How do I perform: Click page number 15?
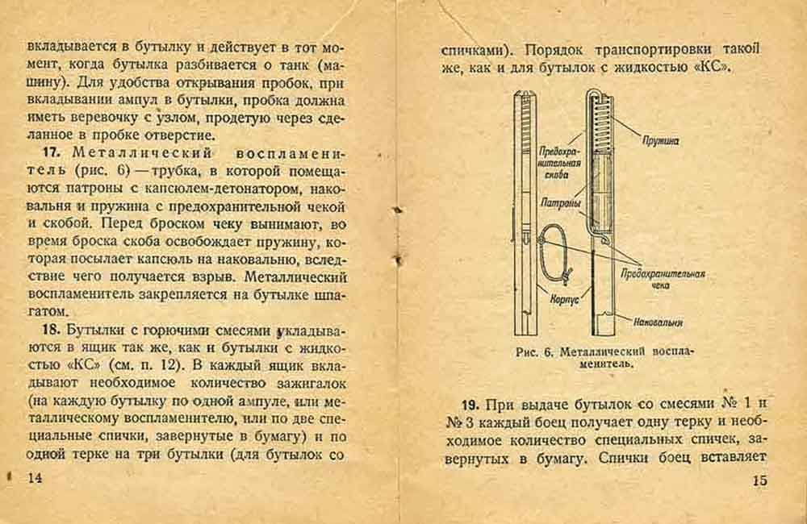(x=759, y=481)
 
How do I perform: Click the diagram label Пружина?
(x=661, y=140)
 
